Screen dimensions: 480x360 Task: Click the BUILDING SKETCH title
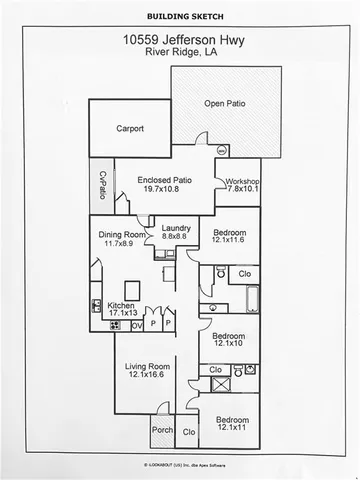click(180, 17)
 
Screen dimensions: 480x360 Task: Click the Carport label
click(130, 129)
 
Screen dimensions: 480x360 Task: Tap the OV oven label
click(136, 324)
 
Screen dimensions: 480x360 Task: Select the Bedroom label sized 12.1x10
click(229, 336)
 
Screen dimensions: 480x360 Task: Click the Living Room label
click(148, 367)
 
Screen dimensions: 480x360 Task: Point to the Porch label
click(162, 432)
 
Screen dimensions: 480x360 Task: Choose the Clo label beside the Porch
click(188, 432)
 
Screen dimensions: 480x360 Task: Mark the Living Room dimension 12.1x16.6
click(148, 376)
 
